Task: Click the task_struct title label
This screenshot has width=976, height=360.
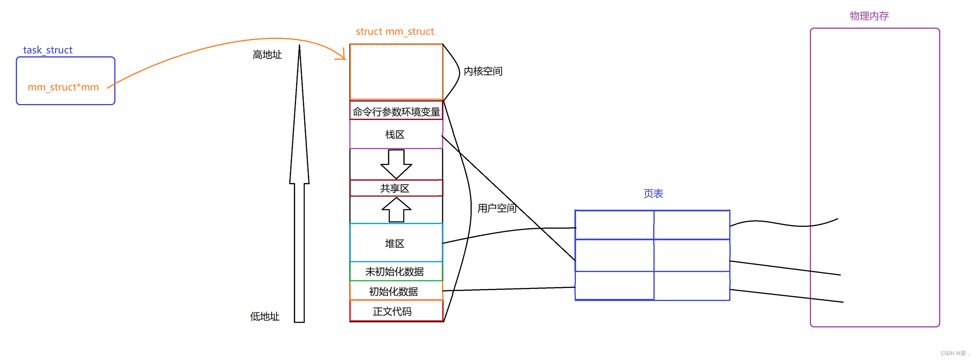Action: pos(48,50)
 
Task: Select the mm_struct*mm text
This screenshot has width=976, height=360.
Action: pos(63,87)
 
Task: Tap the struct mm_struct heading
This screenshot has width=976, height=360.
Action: pos(395,32)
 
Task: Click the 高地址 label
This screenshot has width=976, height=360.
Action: pos(267,55)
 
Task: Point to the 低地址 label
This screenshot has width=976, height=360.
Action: pos(265,317)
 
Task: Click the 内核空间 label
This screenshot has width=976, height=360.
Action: pos(483,71)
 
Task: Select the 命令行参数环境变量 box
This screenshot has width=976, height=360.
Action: pos(396,111)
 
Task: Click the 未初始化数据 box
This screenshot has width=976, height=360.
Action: pos(395,272)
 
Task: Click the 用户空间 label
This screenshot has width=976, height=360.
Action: pos(497,208)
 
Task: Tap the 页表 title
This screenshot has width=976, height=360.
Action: pos(653,194)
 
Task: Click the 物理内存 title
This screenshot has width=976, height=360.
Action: pos(869,16)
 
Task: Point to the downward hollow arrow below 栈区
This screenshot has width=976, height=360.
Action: pos(396,164)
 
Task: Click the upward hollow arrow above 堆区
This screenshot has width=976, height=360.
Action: pos(396,210)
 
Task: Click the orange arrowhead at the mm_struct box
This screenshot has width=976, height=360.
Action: pos(342,56)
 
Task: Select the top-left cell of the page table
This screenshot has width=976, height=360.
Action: pos(614,225)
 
